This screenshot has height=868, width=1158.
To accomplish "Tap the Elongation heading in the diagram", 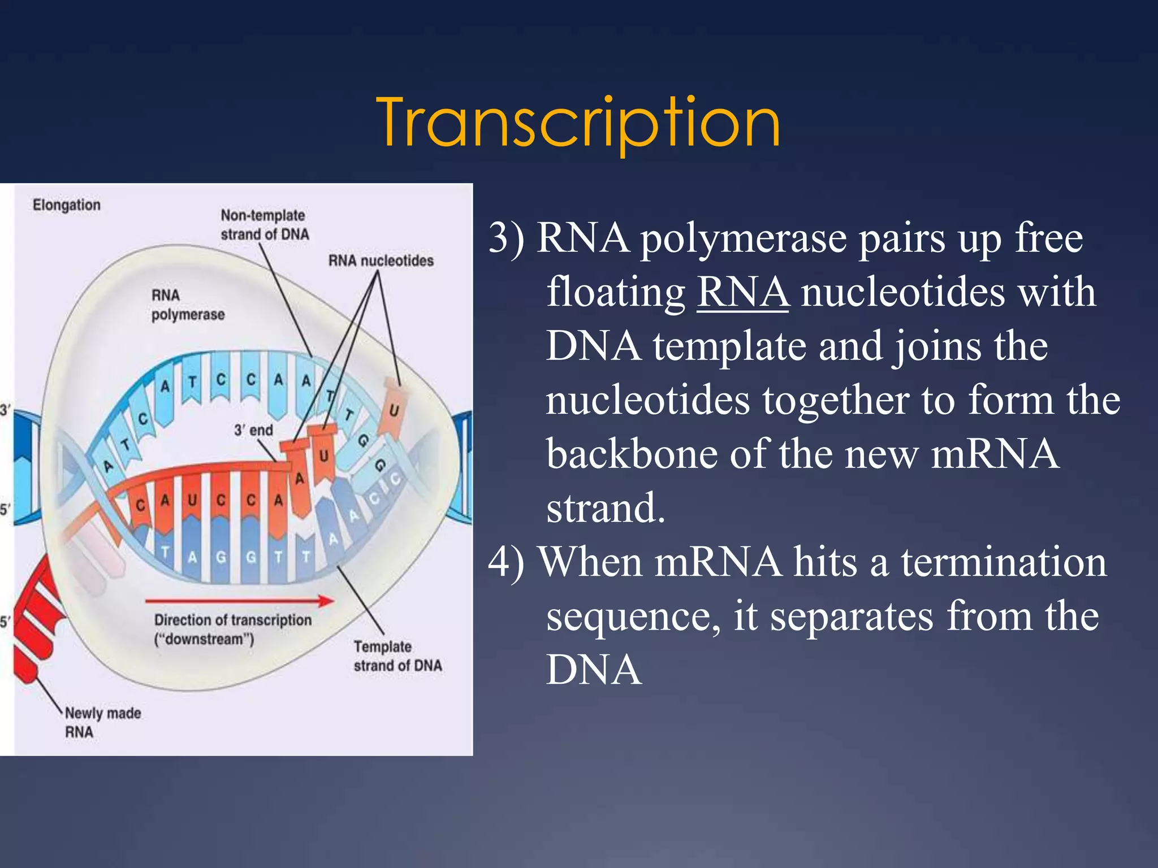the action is (x=67, y=205).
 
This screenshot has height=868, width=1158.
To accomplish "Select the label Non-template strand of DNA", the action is (x=265, y=225).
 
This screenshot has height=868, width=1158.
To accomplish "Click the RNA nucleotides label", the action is (x=381, y=261).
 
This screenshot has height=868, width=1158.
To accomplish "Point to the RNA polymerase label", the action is (x=187, y=305).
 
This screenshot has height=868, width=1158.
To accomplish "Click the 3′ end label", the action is (x=253, y=431).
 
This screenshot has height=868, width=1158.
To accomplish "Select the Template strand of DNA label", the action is (x=397, y=656).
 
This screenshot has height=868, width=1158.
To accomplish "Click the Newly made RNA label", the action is (x=102, y=722).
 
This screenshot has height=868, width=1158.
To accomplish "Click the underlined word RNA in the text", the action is (x=742, y=292).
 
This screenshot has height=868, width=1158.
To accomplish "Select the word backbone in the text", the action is (x=632, y=454).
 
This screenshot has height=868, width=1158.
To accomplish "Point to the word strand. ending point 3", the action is (x=605, y=508).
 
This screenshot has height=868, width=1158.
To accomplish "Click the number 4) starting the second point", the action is (x=507, y=563).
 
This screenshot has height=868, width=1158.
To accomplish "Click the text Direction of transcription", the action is (x=232, y=620).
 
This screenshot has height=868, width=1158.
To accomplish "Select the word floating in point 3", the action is (x=615, y=293).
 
